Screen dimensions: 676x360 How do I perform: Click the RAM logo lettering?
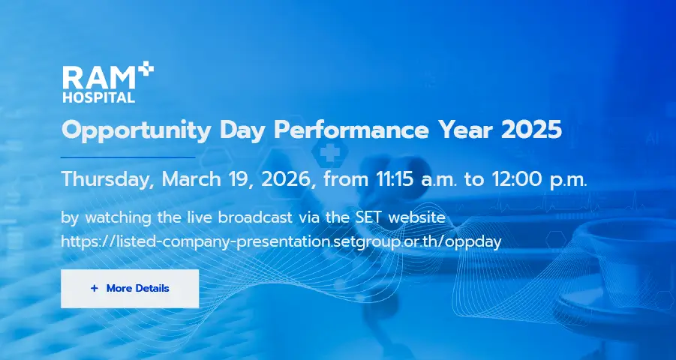(x=99, y=78)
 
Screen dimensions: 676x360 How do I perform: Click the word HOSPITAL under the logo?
(x=99, y=97)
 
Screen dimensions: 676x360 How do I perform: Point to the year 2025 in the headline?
(x=532, y=129)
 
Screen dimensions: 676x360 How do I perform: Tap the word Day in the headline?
(x=242, y=131)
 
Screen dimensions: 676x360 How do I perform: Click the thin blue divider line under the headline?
(x=128, y=157)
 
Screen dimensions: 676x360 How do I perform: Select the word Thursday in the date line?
(x=107, y=180)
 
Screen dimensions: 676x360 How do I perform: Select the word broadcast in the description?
(x=255, y=217)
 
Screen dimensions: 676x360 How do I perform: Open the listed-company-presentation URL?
(x=281, y=241)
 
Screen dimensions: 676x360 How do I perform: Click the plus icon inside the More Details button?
(x=95, y=289)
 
